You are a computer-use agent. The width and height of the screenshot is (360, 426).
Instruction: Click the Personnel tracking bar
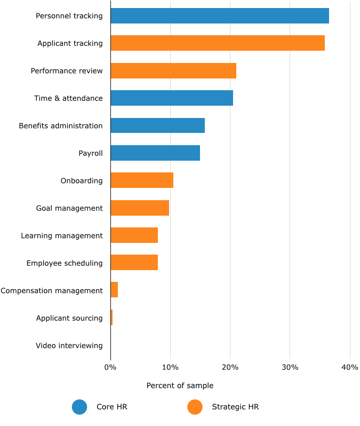click(220, 16)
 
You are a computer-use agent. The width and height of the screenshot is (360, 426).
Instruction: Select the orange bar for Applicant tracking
click(218, 43)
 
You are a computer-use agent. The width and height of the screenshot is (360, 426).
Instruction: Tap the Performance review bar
click(173, 71)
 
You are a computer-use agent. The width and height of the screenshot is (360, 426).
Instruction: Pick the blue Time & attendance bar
click(172, 98)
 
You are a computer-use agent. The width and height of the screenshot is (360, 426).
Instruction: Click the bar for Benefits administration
click(157, 126)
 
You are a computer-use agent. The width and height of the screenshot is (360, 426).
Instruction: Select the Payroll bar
click(155, 153)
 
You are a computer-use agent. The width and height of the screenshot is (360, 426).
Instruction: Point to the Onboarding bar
click(142, 180)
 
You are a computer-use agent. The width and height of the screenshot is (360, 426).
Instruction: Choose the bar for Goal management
click(140, 208)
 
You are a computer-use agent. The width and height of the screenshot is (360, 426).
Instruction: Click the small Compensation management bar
click(114, 290)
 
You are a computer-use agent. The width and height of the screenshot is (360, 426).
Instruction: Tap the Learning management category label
click(62, 236)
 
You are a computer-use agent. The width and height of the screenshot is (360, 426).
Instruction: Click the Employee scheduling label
click(65, 263)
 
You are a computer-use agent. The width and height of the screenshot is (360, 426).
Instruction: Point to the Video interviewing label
click(69, 346)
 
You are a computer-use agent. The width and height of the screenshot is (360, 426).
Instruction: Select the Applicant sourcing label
click(69, 318)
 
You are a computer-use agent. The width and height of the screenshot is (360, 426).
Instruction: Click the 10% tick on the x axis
click(170, 367)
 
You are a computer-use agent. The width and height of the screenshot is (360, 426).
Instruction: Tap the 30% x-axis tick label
click(290, 367)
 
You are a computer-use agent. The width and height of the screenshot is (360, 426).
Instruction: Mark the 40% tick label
click(349, 367)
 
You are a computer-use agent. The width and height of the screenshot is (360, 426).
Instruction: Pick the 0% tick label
click(110, 367)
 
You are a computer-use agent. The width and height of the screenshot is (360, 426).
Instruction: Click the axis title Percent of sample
click(180, 385)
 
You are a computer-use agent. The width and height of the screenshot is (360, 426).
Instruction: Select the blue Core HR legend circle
click(79, 407)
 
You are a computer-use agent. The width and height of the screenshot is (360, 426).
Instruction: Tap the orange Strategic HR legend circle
click(195, 407)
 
